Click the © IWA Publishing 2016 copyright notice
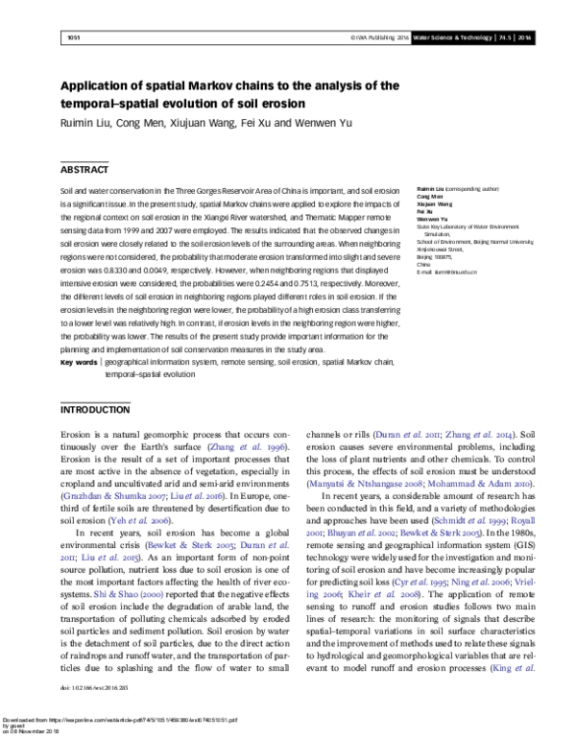pos(380,37)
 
